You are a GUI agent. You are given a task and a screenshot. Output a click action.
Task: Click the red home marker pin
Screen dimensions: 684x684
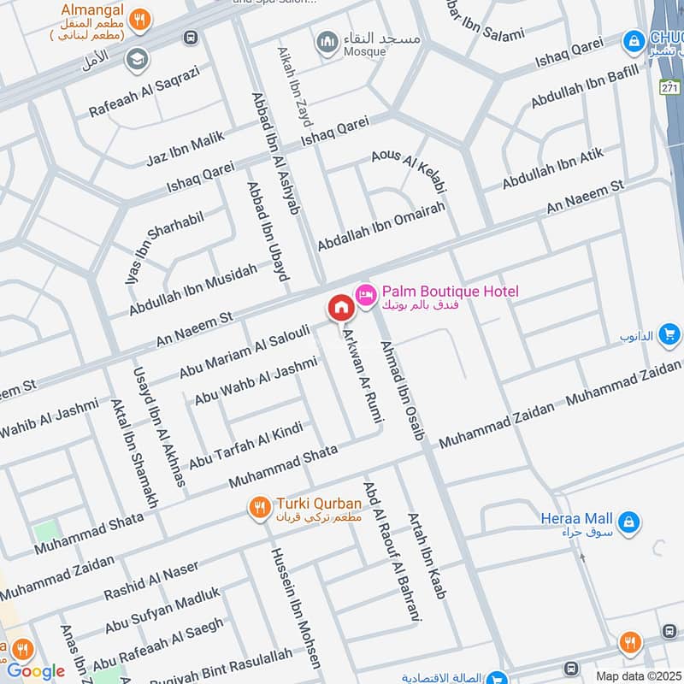[339, 307]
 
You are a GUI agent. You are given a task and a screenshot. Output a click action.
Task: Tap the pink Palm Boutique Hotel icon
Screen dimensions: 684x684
[366, 293]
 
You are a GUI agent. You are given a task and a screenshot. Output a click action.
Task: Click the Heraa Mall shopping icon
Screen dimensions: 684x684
[628, 521]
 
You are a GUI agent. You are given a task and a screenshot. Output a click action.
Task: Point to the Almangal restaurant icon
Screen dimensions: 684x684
[144, 17]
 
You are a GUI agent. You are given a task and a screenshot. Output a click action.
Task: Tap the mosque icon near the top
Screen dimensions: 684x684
[327, 40]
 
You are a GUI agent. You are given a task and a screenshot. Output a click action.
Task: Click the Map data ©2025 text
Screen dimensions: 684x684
[637, 675]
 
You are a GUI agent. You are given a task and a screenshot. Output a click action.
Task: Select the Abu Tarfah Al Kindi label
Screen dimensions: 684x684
[245, 445]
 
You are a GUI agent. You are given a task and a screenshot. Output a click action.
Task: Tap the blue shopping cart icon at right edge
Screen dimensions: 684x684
[669, 334]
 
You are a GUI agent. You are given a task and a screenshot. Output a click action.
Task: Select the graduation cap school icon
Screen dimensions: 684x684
[135, 59]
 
